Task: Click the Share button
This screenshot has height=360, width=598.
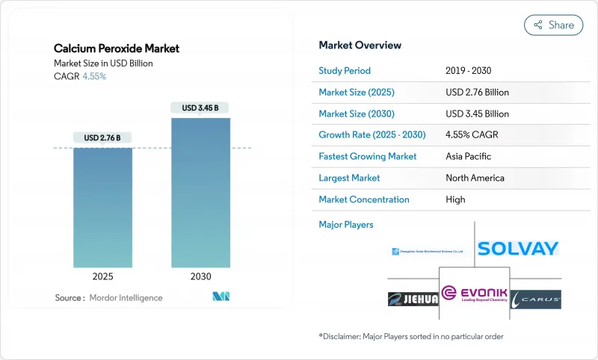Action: coord(554,25)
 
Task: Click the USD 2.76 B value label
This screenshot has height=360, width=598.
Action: coord(102,137)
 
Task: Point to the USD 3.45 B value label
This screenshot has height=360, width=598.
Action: coord(200,108)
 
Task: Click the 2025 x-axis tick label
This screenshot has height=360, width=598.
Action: coord(102,276)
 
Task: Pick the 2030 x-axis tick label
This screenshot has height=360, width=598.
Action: coord(200,276)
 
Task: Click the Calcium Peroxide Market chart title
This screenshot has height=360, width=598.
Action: coord(117,49)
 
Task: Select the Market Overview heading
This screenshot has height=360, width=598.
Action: coord(360,45)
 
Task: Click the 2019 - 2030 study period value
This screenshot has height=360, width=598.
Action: coord(469,70)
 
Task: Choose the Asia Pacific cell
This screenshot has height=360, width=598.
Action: coord(468,157)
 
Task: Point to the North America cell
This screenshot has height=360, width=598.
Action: coord(475,178)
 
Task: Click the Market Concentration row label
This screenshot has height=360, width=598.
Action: coord(364,199)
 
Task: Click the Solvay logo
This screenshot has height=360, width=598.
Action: coord(518,249)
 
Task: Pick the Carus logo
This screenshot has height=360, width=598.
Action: coord(536,299)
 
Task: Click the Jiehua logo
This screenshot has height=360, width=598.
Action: coord(413,299)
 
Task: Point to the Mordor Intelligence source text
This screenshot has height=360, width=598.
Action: coord(108,298)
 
